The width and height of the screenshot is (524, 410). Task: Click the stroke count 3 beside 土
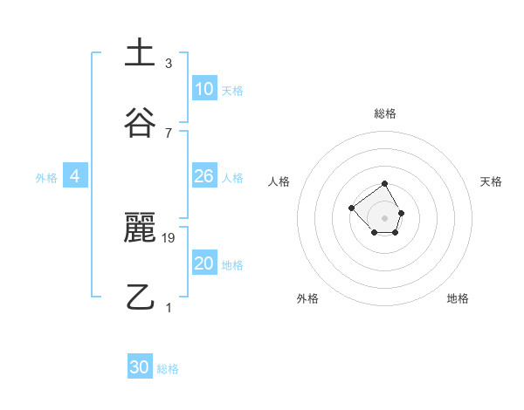(168, 64)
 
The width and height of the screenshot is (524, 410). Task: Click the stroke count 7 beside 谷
(168, 133)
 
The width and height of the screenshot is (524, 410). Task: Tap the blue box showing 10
(204, 89)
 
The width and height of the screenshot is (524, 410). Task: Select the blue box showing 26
(204, 176)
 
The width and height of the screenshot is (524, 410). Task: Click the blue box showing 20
(204, 263)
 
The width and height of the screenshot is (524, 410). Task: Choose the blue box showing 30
(140, 367)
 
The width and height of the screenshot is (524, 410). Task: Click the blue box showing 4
(75, 176)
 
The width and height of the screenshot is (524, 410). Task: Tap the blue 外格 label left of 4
(46, 178)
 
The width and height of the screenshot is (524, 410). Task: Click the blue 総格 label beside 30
(168, 369)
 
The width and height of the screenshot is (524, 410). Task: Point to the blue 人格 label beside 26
(232, 178)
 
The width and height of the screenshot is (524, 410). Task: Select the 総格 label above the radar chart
(385, 113)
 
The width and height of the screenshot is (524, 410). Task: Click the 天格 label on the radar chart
(491, 181)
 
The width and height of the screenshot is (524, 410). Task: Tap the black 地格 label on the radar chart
(458, 298)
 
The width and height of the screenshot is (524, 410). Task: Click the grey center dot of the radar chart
(385, 217)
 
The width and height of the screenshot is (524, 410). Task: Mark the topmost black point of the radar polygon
(385, 185)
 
